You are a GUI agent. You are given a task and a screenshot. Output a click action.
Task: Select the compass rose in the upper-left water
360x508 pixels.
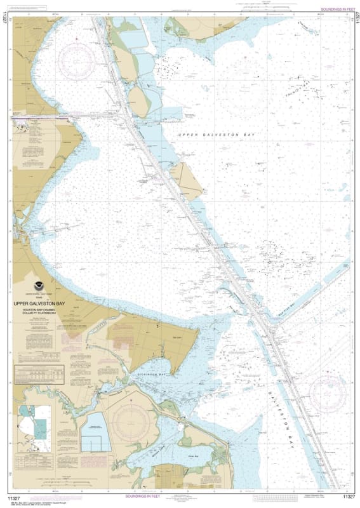77,60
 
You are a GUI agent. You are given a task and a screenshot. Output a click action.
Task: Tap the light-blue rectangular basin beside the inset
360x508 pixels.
95,432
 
